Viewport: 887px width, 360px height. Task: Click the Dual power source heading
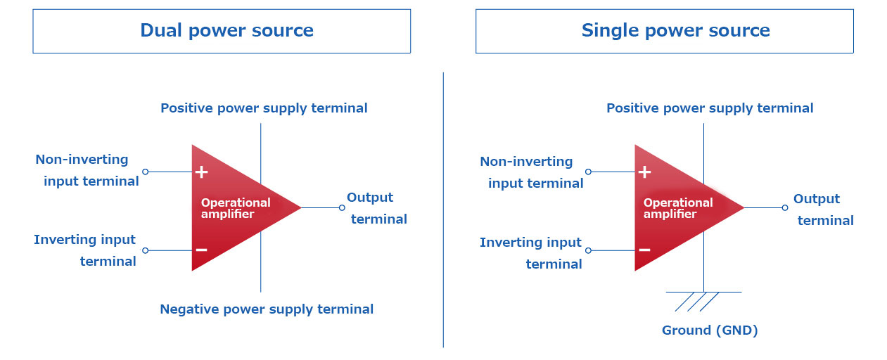point(227,31)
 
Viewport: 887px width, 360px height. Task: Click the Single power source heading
point(675,31)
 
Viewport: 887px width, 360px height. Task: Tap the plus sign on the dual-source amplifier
point(202,172)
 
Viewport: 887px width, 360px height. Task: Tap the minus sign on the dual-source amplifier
point(202,250)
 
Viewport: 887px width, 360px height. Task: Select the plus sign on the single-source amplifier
point(644,172)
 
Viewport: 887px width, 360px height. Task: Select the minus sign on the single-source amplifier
point(644,250)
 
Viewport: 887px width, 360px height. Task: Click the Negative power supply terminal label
point(267,309)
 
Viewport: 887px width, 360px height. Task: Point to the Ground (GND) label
point(710,330)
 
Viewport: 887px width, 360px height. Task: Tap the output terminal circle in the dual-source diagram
point(342,207)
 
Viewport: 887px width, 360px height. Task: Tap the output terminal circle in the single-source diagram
point(785,207)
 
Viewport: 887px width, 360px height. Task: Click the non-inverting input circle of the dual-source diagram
point(146,172)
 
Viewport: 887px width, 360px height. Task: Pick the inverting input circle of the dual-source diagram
point(146,250)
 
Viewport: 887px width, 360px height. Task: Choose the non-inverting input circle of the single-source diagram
point(589,172)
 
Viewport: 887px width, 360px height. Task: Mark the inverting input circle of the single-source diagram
point(589,250)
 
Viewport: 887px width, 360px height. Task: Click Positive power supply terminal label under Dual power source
point(264,108)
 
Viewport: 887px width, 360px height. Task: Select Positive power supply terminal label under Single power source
point(710,108)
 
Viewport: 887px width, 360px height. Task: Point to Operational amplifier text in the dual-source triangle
point(236,208)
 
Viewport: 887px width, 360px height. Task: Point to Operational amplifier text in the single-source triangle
point(678,208)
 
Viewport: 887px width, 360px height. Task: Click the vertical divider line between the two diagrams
point(443,210)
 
